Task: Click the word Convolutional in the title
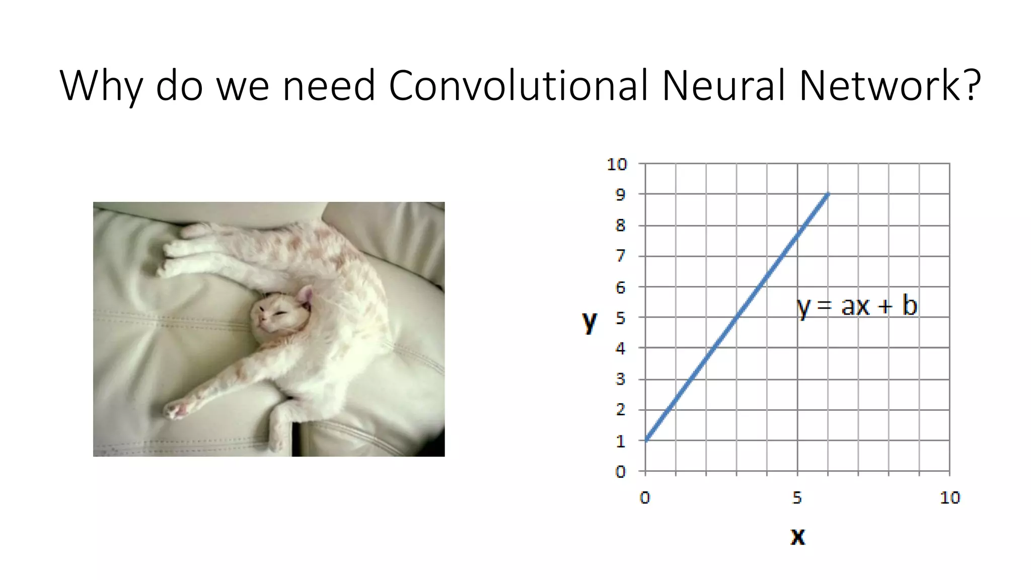point(518,86)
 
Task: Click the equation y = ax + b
point(857,306)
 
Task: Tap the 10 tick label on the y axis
point(617,164)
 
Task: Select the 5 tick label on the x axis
point(797,498)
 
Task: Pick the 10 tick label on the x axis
point(949,498)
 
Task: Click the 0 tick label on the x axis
point(645,498)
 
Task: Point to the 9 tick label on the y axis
point(620,195)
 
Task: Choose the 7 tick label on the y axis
point(620,256)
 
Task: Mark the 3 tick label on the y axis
point(620,379)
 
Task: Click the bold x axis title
point(797,537)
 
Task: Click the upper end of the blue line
point(827,195)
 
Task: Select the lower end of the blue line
point(646,440)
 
